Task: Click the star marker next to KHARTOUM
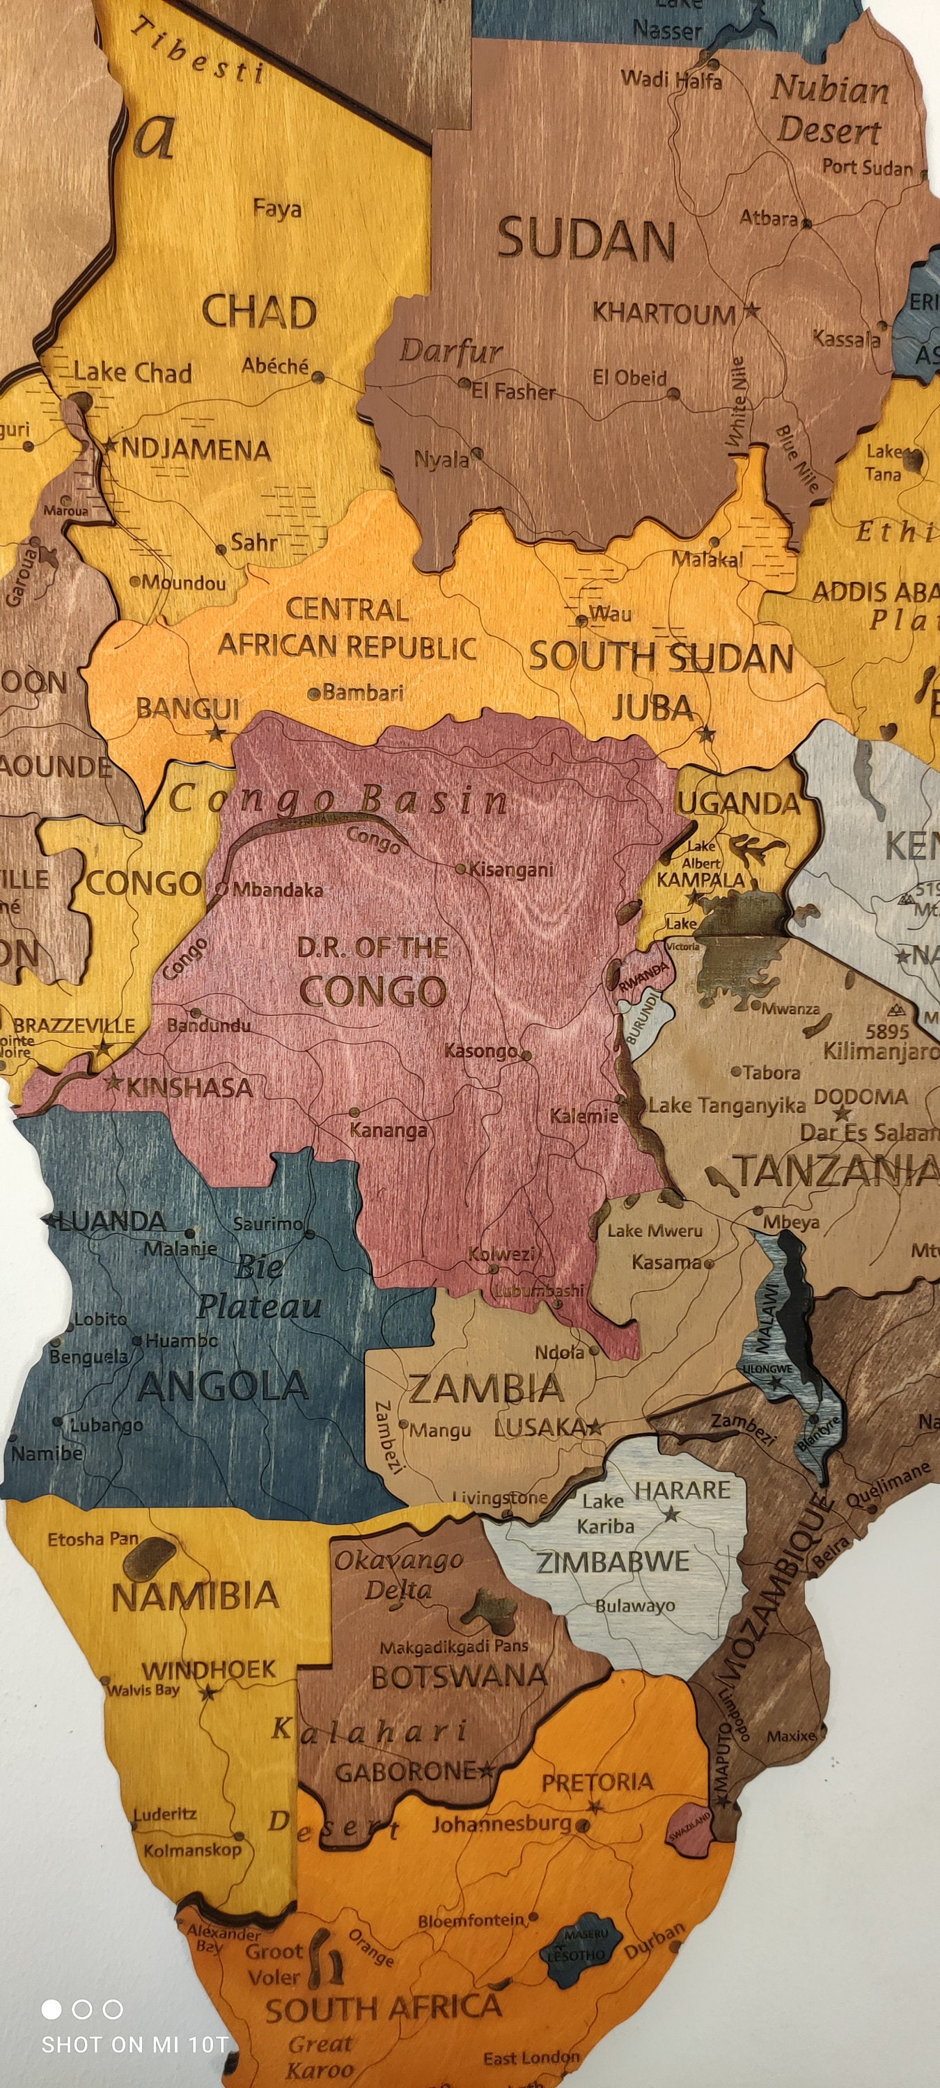pos(751,310)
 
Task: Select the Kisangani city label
pos(511,870)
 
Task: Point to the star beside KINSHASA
pos(114,1082)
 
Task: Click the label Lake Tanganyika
pos(727,1105)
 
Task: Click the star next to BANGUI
pos(215,734)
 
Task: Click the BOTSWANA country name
pos(459,1676)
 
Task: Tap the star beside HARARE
pos(671,1513)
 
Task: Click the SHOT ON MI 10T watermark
pos(134,2044)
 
